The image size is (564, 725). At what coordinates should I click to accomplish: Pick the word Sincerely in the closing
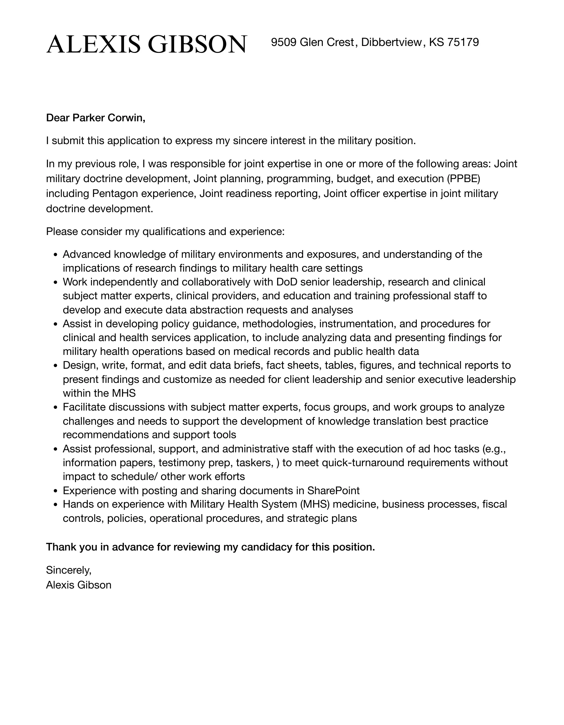[68, 569]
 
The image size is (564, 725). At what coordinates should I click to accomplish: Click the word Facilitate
[84, 407]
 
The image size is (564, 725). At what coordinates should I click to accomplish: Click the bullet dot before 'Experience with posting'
[56, 491]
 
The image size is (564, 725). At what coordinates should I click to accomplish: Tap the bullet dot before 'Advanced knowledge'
[56, 255]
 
